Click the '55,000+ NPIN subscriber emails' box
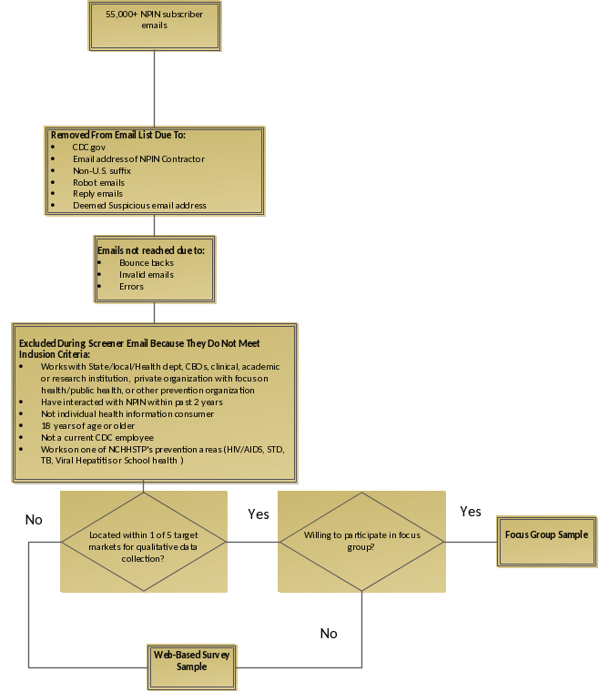155,25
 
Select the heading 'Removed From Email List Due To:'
117,135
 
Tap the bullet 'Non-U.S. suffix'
102,170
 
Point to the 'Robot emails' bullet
98,182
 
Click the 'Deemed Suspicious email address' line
139,206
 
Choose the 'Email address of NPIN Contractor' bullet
138,158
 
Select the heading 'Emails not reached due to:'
150,249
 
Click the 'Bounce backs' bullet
146,262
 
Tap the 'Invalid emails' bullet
146,274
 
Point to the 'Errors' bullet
131,286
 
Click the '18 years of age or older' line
87,425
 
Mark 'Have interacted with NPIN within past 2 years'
131,402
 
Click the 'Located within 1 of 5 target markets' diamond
144,542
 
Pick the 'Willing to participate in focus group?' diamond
361,542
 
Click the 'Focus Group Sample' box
546,534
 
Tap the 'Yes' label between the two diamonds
259,514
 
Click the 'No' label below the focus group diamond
329,634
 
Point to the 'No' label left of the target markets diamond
34,520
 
